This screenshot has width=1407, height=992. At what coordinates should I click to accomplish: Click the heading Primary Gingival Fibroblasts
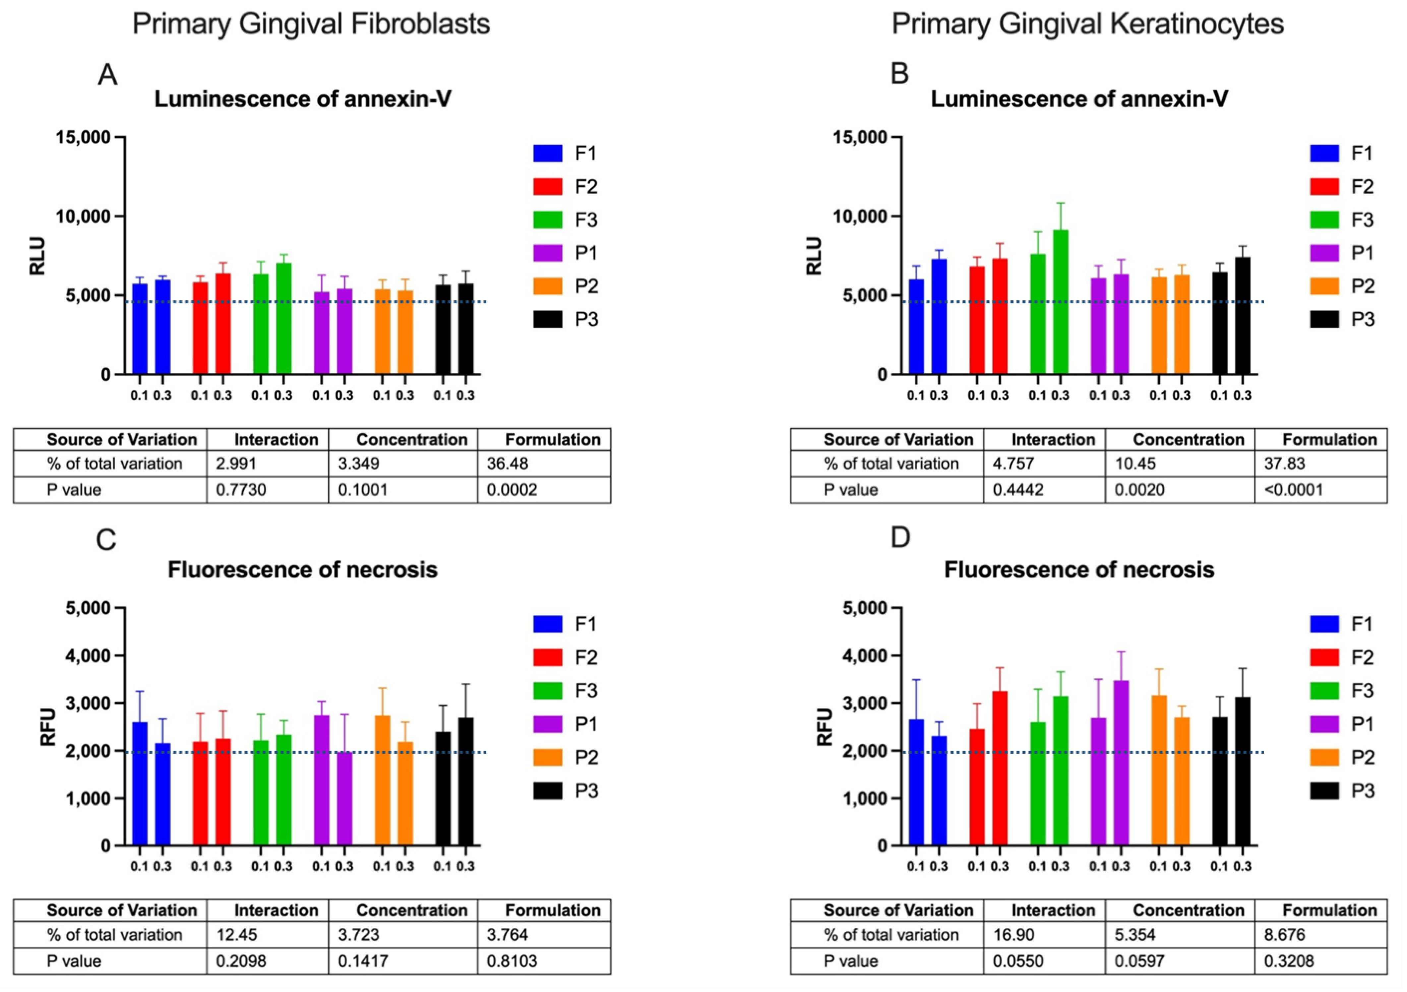coord(311,25)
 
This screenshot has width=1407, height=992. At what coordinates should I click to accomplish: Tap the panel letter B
coord(899,74)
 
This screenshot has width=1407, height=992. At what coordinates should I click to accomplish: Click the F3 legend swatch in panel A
coord(547,220)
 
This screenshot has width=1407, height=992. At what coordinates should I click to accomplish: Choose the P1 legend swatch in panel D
coord(1324,724)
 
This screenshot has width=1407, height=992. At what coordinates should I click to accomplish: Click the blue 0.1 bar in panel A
coord(140,329)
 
